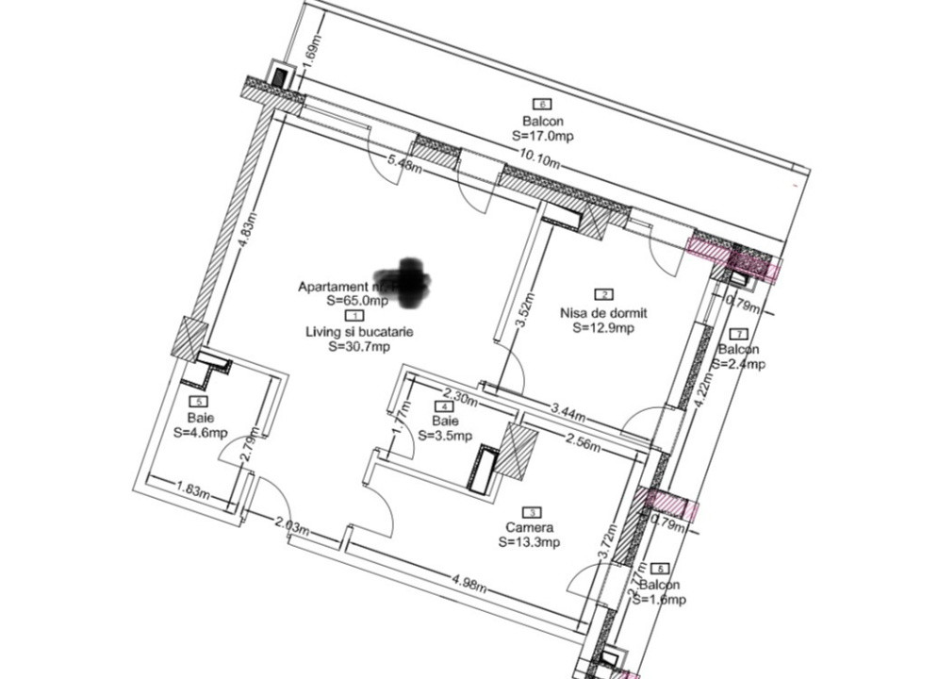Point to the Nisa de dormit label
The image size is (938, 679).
click(603, 313)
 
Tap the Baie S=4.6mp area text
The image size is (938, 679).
click(200, 425)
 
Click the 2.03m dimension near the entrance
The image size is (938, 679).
click(291, 524)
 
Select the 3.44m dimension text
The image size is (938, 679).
click(568, 412)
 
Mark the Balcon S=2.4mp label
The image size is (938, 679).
click(740, 356)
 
